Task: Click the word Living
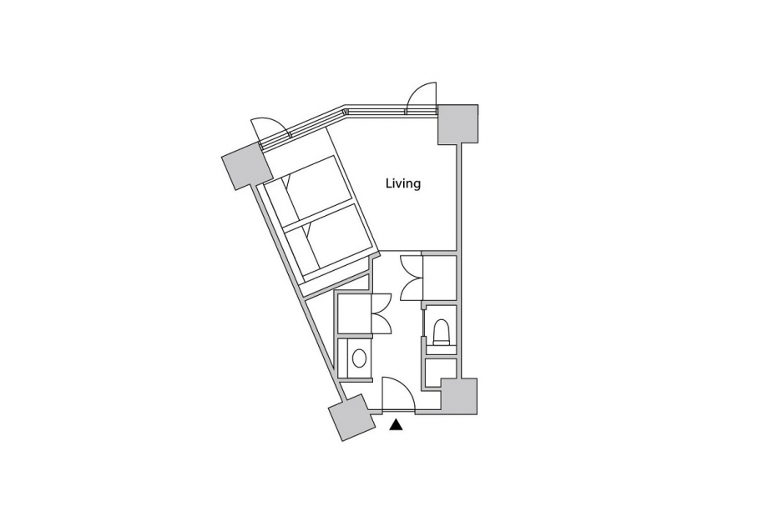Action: [x=403, y=184]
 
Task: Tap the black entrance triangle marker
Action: [x=396, y=425]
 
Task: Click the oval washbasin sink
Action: [x=360, y=358]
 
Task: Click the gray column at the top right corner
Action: [x=457, y=124]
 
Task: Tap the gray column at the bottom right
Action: [x=459, y=397]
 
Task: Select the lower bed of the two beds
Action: [x=328, y=241]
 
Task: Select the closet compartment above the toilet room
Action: [x=439, y=278]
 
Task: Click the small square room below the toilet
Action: [x=440, y=373]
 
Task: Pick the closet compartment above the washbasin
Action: [x=354, y=313]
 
